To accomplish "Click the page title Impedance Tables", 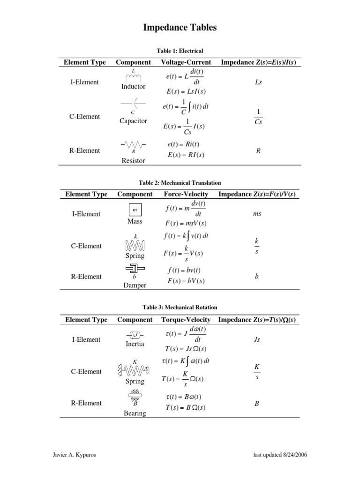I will click(x=180, y=28).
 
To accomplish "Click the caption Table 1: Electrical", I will click(x=180, y=51).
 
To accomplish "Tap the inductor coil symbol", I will click(x=133, y=77).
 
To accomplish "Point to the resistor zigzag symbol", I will click(x=133, y=144).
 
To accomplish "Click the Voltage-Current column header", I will click(x=186, y=62).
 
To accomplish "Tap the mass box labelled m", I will click(x=135, y=210).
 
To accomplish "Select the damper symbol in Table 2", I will click(x=135, y=269).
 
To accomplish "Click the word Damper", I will click(x=135, y=285).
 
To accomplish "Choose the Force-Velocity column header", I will click(x=186, y=194).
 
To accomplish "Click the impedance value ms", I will click(x=257, y=214).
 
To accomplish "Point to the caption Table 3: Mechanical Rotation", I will click(x=180, y=307).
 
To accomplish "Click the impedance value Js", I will click(x=256, y=339).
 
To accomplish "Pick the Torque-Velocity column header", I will click(x=186, y=320).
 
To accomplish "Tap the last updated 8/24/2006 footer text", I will click(x=280, y=455).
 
